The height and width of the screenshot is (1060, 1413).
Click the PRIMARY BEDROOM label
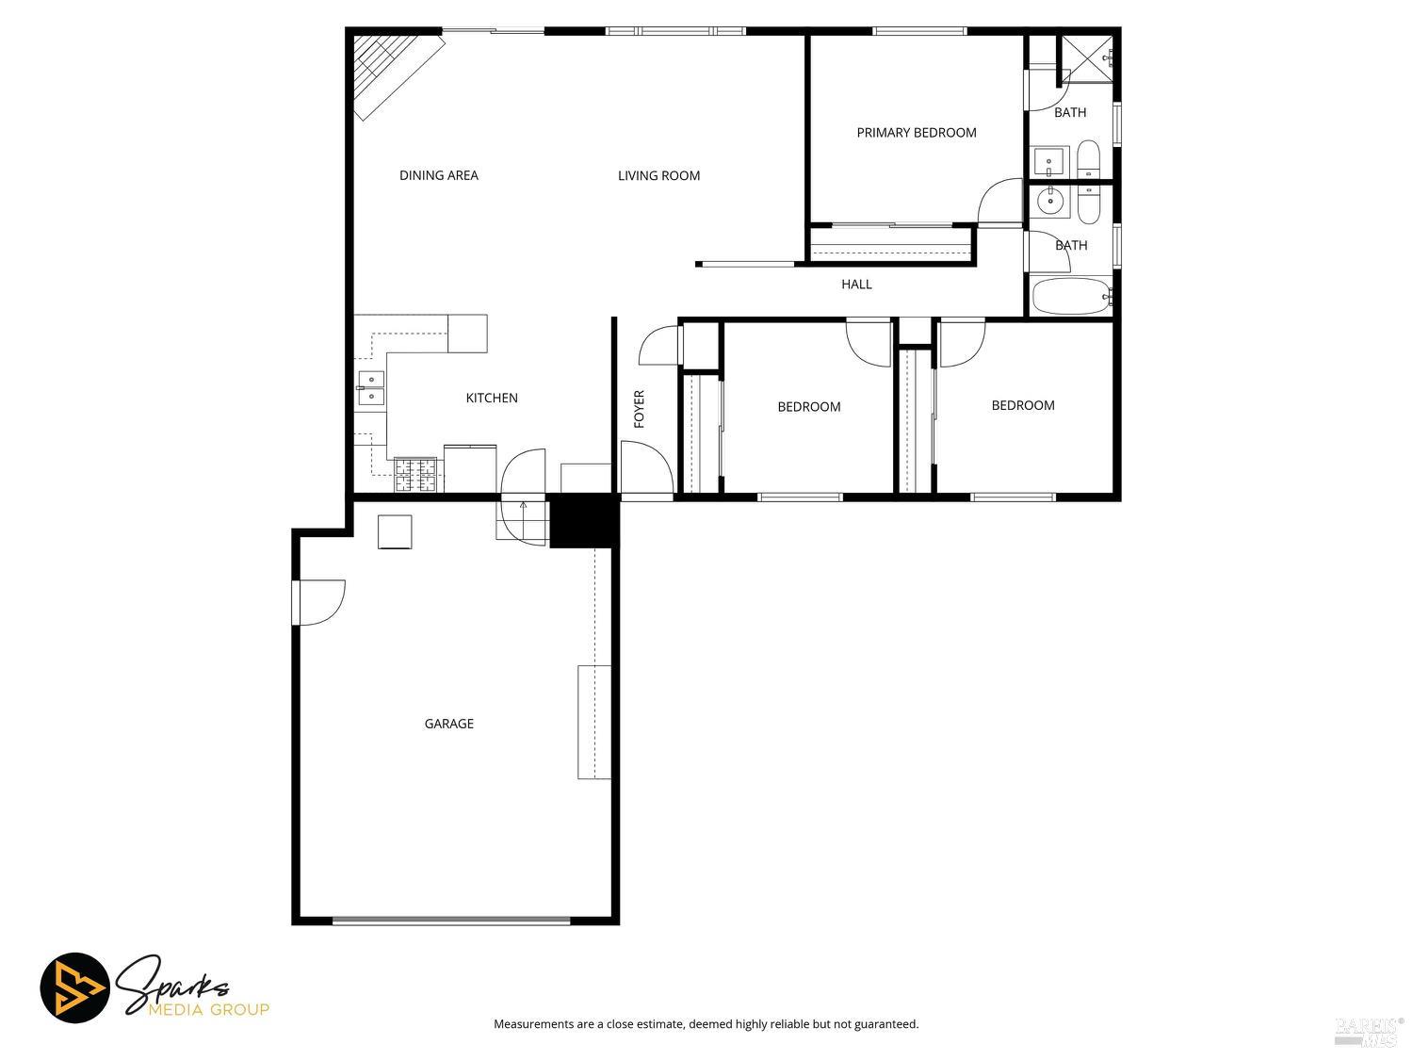point(916,133)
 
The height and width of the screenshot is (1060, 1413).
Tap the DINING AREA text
point(438,175)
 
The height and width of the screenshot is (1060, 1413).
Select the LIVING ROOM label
point(658,175)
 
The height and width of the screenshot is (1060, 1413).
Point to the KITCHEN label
point(491,398)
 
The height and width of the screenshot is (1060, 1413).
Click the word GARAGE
point(448,724)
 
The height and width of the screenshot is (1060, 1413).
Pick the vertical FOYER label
point(639,409)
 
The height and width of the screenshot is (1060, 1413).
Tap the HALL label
point(856,284)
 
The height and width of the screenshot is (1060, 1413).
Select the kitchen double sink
point(371,388)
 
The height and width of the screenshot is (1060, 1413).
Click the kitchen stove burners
point(415,475)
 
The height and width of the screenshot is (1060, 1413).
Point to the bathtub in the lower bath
point(1072,296)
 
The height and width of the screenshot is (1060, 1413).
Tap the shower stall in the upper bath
point(1086,59)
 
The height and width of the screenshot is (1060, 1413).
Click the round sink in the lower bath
point(1050,201)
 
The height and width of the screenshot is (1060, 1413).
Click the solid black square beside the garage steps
point(582,521)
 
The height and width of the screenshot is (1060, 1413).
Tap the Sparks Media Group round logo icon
point(74,987)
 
